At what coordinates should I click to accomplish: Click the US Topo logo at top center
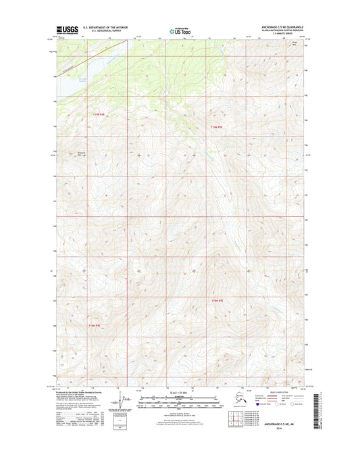click(180, 30)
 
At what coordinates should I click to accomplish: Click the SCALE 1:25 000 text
click(180, 393)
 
